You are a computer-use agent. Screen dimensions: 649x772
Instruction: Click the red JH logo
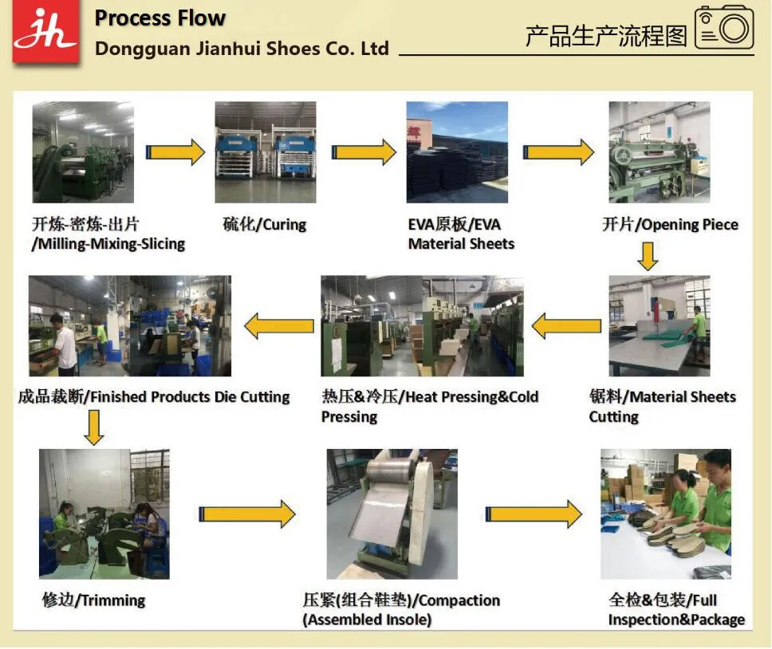click(45, 33)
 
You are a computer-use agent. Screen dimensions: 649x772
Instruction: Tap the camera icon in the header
click(724, 29)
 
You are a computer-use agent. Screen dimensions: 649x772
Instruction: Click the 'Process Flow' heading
click(160, 18)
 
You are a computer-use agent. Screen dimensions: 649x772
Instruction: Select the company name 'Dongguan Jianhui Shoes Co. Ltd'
click(242, 49)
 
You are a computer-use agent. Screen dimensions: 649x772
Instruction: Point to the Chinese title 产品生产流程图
click(605, 36)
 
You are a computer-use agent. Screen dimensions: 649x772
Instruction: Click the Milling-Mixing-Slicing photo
click(83, 152)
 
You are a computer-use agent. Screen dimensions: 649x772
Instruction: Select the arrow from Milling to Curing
click(175, 151)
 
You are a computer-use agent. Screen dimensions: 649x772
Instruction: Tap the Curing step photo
click(265, 152)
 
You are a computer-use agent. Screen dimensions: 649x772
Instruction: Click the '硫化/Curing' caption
click(264, 225)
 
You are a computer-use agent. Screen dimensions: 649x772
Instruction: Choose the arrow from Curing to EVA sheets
click(364, 151)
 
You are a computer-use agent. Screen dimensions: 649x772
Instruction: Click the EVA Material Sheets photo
click(457, 152)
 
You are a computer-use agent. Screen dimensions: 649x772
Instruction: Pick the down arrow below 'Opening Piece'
click(648, 255)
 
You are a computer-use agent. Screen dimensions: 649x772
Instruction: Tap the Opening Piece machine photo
click(659, 152)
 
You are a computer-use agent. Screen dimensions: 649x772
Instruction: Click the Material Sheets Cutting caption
click(662, 407)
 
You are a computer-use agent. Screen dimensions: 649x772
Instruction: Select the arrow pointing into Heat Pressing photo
click(566, 326)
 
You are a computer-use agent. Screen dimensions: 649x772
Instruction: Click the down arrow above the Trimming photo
click(93, 427)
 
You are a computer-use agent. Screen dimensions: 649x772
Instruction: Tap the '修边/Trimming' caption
click(93, 600)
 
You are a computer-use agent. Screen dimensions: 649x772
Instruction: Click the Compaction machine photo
click(392, 513)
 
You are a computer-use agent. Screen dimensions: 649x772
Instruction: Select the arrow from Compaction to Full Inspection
click(534, 514)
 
